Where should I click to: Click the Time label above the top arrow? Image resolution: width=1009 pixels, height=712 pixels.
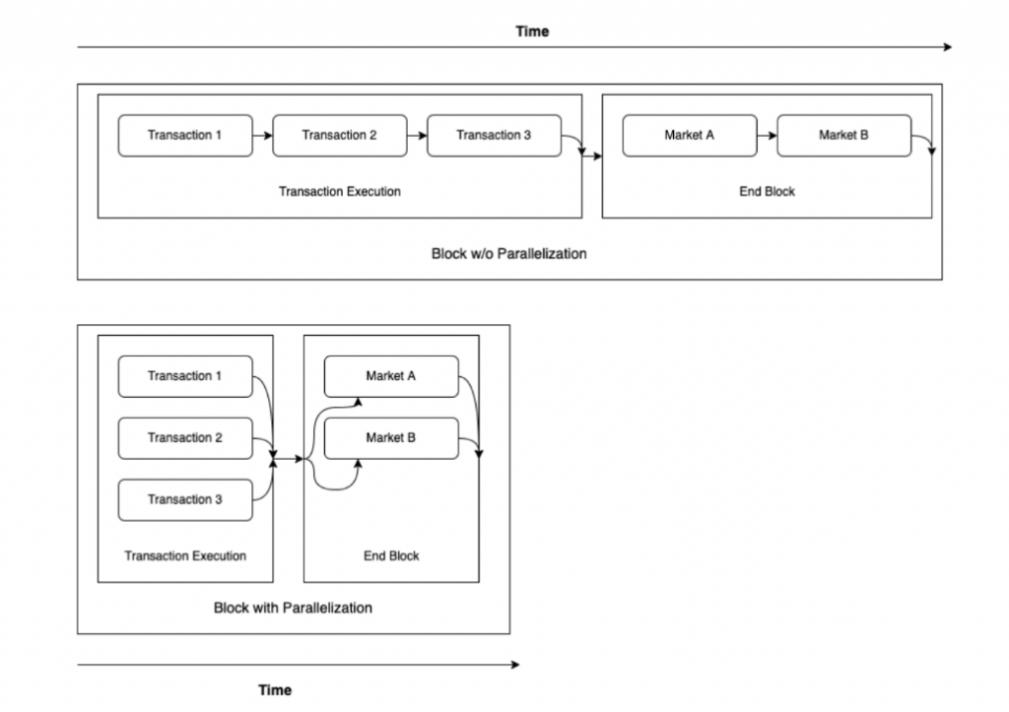coord(532,32)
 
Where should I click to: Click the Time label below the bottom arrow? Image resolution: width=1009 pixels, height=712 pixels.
coord(275,690)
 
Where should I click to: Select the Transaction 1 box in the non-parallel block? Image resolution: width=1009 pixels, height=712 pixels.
coord(185,136)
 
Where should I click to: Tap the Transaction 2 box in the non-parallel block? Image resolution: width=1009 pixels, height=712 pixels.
coord(340,136)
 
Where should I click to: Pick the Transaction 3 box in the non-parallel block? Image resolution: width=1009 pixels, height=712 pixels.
coord(495,136)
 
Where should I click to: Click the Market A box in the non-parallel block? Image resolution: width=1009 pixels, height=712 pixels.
coord(690,136)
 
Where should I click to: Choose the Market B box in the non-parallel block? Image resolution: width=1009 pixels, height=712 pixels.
coord(844,136)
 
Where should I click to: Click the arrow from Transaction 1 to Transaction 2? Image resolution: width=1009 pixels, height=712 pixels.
coord(262,136)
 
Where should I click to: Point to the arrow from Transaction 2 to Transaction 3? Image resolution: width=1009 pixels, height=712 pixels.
coord(417,136)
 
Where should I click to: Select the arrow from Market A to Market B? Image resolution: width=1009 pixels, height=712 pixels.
coord(767,136)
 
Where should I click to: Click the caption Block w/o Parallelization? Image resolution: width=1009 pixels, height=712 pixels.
coord(509,254)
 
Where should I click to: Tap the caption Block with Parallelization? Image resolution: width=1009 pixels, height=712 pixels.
coord(293,608)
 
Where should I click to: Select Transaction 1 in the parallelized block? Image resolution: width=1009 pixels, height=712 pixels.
coord(185,376)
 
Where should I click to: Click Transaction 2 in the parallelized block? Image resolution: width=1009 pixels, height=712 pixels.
coord(185,438)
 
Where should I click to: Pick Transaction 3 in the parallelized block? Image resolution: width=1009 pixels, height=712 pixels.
coord(185,499)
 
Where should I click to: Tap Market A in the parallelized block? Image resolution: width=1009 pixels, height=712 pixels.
coord(391,376)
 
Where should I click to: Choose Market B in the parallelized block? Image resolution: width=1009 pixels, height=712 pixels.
coord(391,438)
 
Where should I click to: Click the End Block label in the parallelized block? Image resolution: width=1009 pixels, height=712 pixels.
coord(391,555)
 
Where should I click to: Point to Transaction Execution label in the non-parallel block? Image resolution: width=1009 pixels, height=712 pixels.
coord(340,192)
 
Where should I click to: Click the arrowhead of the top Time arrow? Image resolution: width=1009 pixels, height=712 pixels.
coord(948,47)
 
